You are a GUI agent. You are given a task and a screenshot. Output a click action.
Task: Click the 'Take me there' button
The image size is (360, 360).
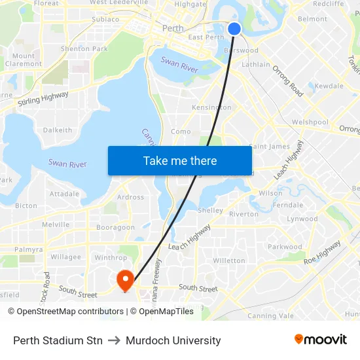tap(180, 160)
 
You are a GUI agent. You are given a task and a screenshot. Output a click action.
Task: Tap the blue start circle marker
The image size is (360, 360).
tap(234, 28)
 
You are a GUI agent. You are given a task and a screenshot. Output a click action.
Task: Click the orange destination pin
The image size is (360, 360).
tap(124, 280)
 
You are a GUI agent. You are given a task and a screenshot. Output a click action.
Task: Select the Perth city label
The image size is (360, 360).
tap(173, 28)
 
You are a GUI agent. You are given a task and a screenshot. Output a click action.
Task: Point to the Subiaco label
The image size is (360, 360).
tap(105, 19)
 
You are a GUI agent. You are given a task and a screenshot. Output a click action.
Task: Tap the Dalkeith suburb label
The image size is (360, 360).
tap(58, 130)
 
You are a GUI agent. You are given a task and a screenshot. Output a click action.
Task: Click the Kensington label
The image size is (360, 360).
tap(211, 107)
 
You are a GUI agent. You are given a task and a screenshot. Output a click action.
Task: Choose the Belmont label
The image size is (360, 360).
tap(312, 19)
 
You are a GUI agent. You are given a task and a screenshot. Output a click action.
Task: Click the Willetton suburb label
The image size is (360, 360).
tap(229, 261)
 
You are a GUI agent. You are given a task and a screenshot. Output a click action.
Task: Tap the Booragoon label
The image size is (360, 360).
tap(115, 228)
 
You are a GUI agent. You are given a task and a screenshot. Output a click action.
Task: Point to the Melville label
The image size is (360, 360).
tap(56, 225)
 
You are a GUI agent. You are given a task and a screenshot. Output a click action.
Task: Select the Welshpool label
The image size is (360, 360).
tap(310, 122)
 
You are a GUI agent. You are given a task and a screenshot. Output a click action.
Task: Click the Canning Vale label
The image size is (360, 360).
tap(271, 315)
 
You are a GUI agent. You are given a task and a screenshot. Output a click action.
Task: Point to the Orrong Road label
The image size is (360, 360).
tap(288, 81)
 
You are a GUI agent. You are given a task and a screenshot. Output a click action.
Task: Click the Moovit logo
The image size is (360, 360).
tap(321, 340)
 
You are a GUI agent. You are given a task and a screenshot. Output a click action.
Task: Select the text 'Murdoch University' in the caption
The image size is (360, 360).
tap(173, 340)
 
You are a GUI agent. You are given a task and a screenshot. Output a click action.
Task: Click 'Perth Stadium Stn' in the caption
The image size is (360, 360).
tap(58, 340)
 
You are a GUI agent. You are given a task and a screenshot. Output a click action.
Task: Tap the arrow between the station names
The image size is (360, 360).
tap(115, 340)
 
